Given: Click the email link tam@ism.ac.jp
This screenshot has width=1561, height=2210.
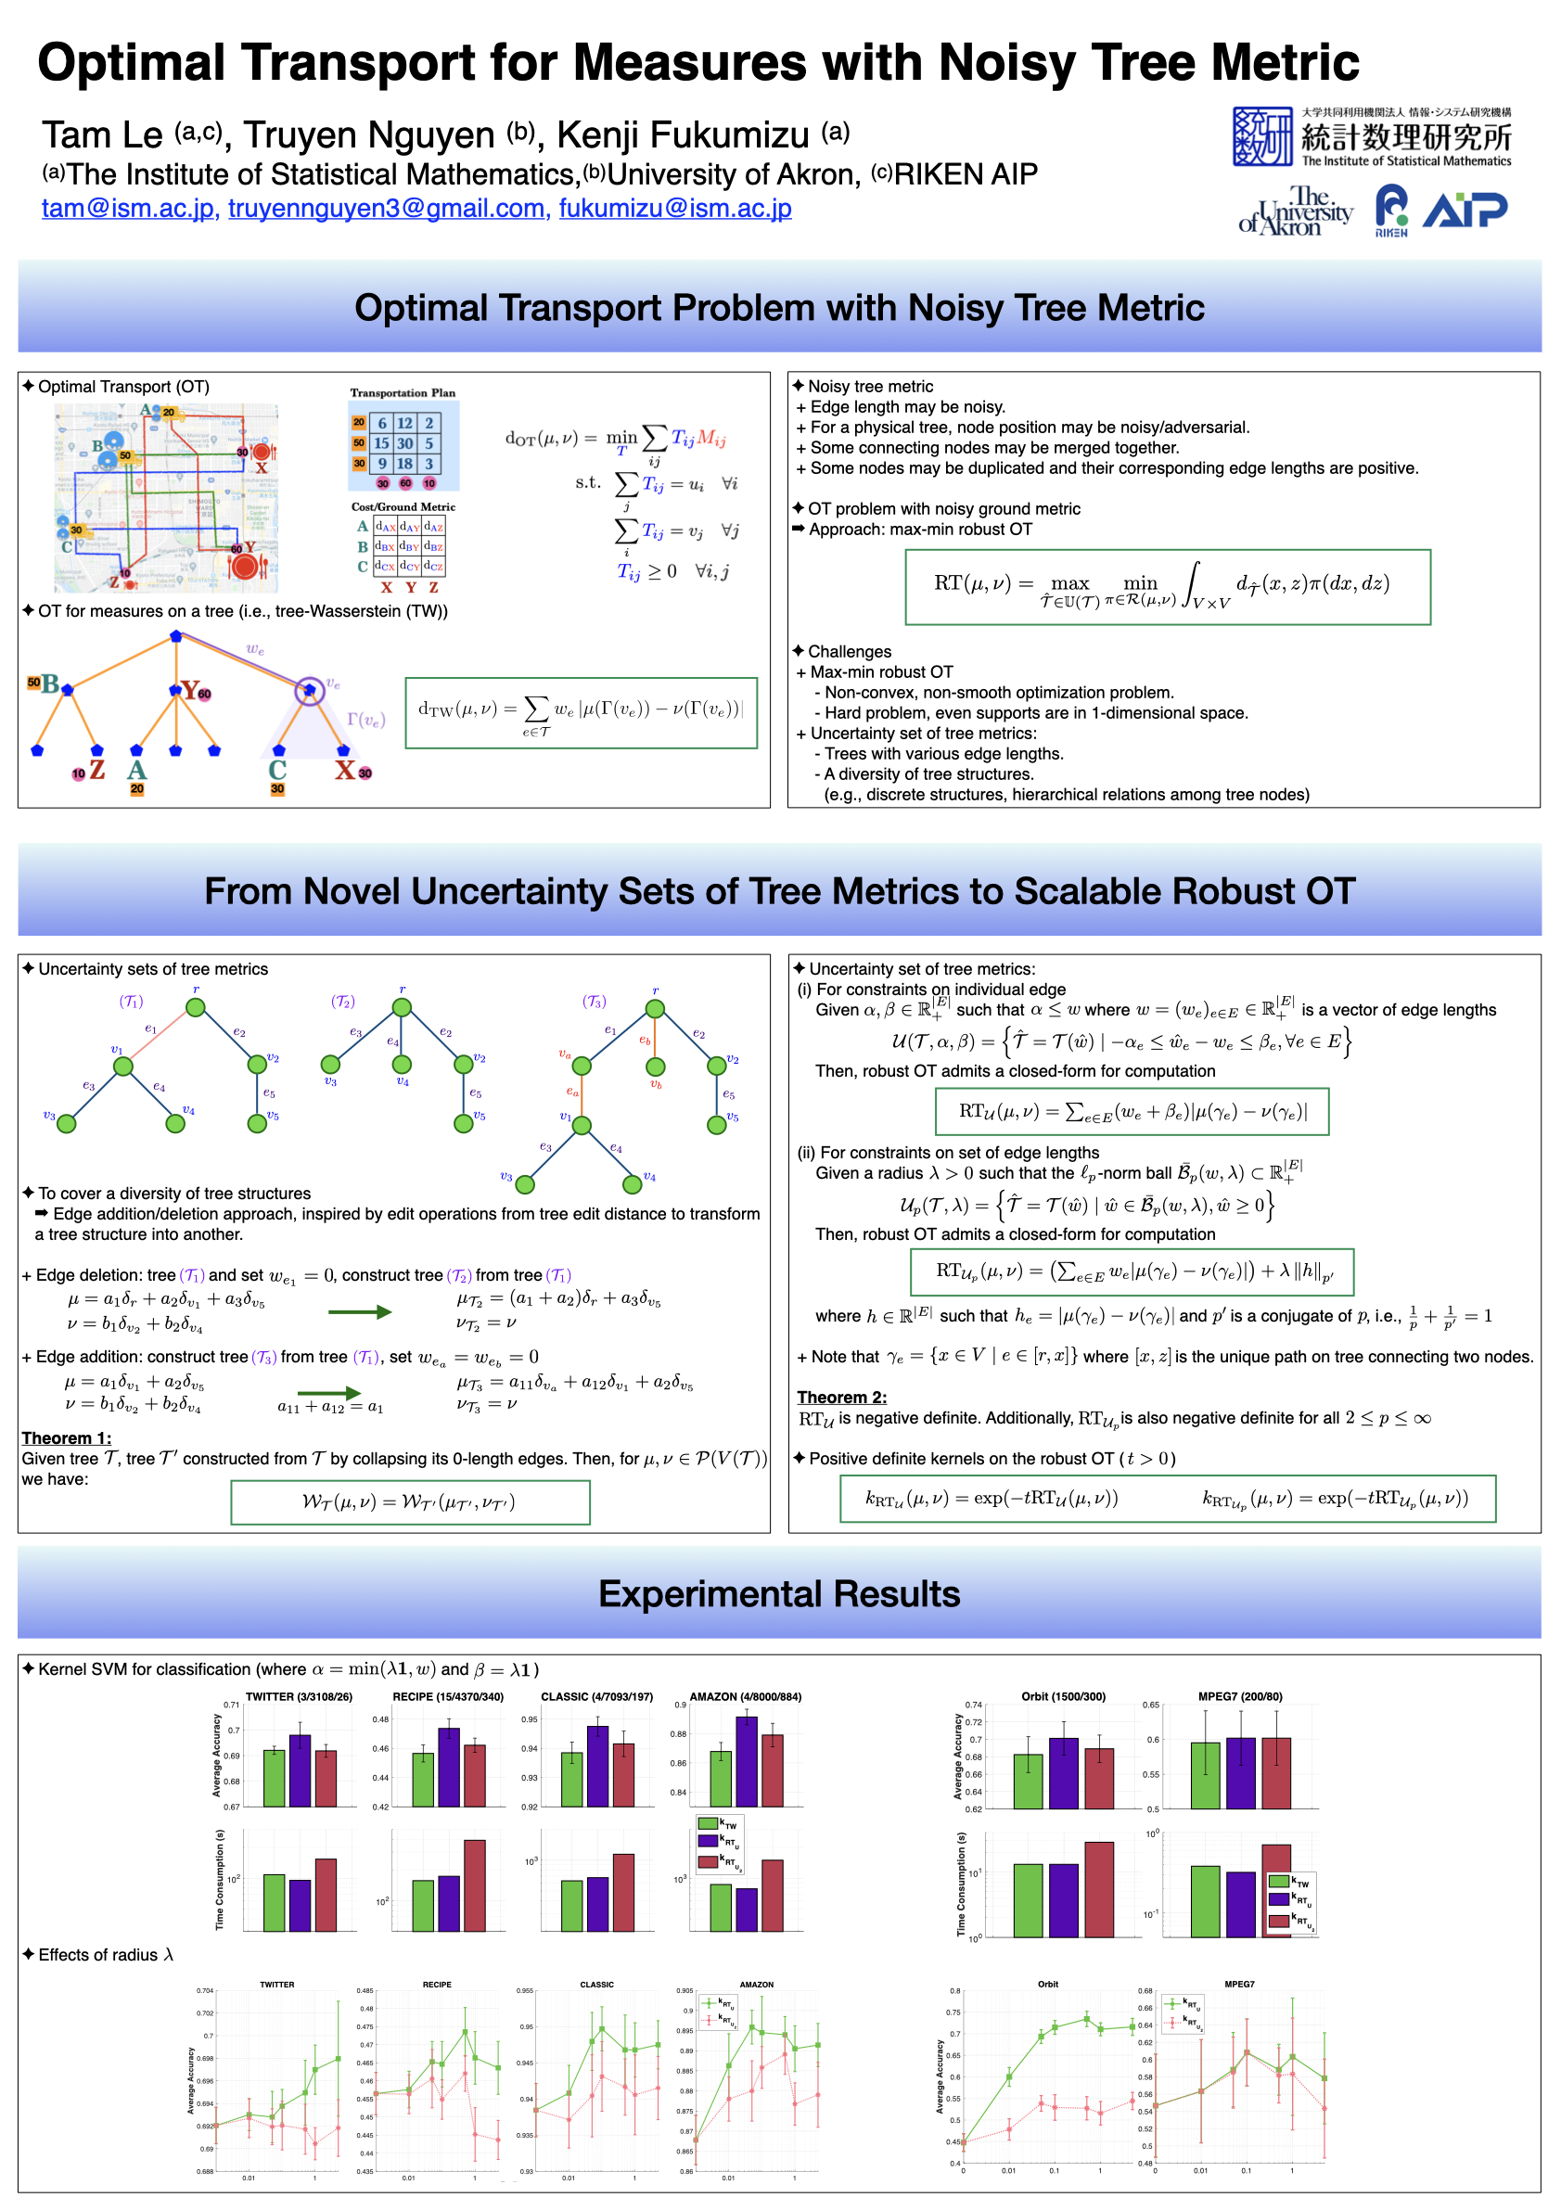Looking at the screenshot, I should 127,208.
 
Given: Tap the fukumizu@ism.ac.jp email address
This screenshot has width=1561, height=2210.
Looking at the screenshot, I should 674,208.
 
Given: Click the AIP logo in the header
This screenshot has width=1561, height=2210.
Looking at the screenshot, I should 1465,210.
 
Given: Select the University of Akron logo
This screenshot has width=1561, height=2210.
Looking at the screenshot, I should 1296,211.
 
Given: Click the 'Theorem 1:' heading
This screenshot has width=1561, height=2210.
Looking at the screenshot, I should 67,1438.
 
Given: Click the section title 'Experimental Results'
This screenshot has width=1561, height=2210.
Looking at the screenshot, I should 779,1594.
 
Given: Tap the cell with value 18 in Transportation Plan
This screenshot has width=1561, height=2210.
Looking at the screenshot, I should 405,464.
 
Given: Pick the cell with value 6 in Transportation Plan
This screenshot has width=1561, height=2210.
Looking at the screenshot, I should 382,424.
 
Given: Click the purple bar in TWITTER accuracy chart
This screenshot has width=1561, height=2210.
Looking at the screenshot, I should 301,1770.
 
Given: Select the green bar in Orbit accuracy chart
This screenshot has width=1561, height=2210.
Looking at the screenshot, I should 1028,1781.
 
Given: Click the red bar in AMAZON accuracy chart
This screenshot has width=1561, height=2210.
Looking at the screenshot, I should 773,1770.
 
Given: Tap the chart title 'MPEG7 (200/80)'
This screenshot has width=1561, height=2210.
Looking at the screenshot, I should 1239,1696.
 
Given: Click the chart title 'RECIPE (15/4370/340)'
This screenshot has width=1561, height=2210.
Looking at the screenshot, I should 447,1696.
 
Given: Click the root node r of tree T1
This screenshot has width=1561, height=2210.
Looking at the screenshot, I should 196,1008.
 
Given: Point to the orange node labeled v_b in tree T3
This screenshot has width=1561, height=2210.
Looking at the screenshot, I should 656,1067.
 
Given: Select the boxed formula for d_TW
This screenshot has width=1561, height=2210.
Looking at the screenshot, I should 582,713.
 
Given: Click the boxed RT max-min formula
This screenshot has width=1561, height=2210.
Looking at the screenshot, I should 1168,587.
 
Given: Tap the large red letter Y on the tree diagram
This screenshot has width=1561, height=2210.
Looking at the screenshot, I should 190,690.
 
